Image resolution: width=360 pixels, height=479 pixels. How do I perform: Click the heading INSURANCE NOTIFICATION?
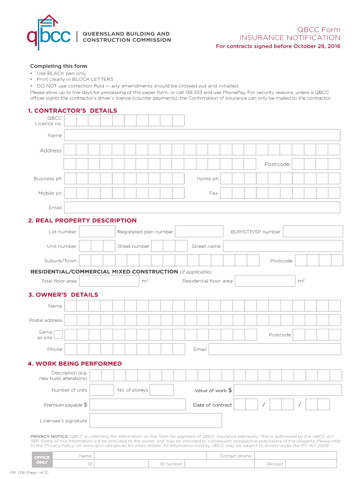[x=290, y=37]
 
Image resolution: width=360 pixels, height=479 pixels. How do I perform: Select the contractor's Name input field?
[x=202, y=135]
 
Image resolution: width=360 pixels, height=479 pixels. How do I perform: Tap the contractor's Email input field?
[x=202, y=208]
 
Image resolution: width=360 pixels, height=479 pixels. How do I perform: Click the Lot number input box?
[x=97, y=232]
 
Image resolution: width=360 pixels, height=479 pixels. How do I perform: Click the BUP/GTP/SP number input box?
[x=313, y=232]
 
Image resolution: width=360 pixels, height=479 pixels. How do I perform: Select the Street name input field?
[x=282, y=246]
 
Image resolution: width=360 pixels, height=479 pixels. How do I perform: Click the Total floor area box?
[x=109, y=281]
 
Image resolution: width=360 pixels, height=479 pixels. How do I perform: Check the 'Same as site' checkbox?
[x=58, y=334]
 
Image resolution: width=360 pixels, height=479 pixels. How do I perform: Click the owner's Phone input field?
[x=126, y=349]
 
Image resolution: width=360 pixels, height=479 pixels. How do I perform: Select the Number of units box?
[x=101, y=390]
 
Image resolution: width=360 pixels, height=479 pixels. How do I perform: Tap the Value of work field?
[x=287, y=390]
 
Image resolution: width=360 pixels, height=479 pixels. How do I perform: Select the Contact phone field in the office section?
[x=295, y=456]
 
